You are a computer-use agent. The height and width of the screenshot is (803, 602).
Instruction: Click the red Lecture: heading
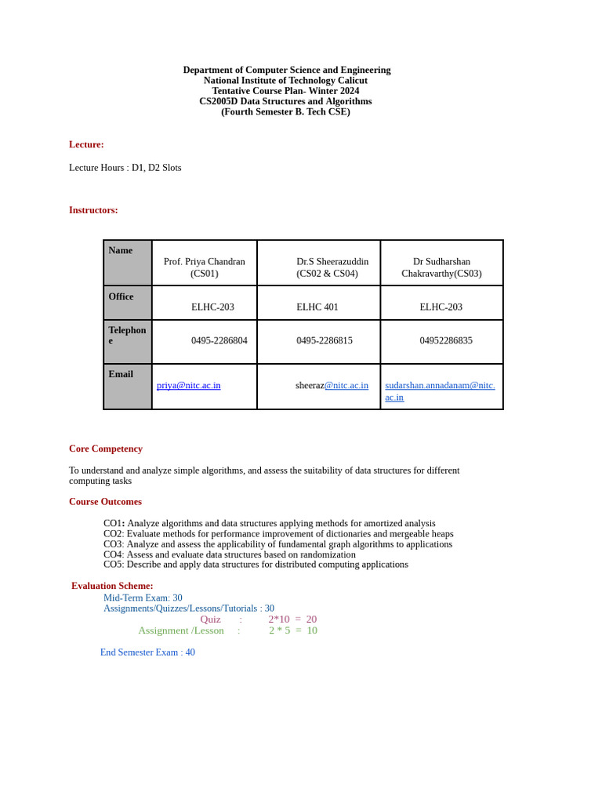tap(86, 144)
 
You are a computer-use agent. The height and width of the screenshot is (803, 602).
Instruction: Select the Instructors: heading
tap(93, 210)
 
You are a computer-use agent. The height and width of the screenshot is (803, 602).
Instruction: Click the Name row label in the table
tap(121, 250)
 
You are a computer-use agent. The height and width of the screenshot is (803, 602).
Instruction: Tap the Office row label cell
tap(121, 296)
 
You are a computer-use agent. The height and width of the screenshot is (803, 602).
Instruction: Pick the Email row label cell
tap(121, 374)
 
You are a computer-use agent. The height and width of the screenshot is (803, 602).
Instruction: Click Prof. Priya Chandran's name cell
tap(205, 267)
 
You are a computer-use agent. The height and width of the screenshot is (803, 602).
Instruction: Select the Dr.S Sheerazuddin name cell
tap(332, 267)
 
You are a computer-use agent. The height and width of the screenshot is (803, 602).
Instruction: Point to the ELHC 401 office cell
tap(317, 307)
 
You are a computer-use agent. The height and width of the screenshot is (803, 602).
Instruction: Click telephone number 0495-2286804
tap(219, 340)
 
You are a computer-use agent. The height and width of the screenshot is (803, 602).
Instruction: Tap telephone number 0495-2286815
tap(325, 340)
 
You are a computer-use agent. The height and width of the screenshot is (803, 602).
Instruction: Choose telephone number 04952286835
tap(446, 340)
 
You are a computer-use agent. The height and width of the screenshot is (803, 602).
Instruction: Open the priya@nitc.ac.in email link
tap(189, 385)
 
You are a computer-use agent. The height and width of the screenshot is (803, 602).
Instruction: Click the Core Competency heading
tap(106, 449)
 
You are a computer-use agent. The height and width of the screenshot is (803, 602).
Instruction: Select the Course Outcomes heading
tap(105, 502)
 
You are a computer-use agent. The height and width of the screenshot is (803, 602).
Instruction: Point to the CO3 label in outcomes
tap(114, 544)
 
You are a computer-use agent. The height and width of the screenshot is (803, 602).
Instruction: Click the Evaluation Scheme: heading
tap(112, 586)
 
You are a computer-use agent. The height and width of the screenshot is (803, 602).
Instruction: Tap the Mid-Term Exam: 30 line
tap(143, 598)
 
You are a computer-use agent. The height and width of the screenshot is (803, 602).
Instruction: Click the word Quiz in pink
tap(210, 620)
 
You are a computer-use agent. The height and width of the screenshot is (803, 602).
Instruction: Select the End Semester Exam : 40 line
tap(147, 652)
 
